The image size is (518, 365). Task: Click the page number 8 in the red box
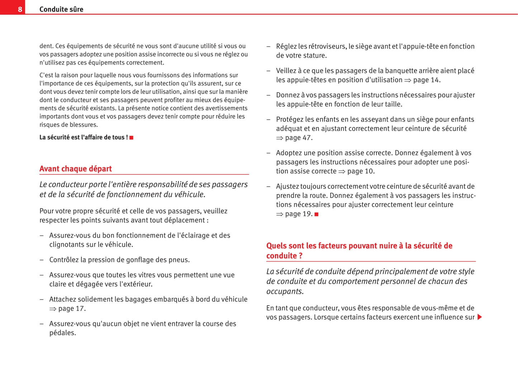pos(20,9)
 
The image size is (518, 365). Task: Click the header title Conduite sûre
pos(61,9)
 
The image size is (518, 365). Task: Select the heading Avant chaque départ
pos(75,169)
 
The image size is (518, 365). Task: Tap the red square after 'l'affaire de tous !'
pos(132,138)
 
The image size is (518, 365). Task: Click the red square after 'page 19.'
pos(317,214)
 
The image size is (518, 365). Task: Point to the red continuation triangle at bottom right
pos(480,317)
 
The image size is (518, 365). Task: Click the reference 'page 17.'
pos(72,308)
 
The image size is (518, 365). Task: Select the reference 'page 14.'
pos(427,80)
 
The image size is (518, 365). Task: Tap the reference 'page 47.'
pos(299,138)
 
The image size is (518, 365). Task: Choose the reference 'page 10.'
pos(361,171)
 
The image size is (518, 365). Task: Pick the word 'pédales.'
pos(63,333)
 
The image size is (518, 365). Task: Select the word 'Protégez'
pos(289,119)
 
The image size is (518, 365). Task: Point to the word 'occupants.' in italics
pos(285,291)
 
